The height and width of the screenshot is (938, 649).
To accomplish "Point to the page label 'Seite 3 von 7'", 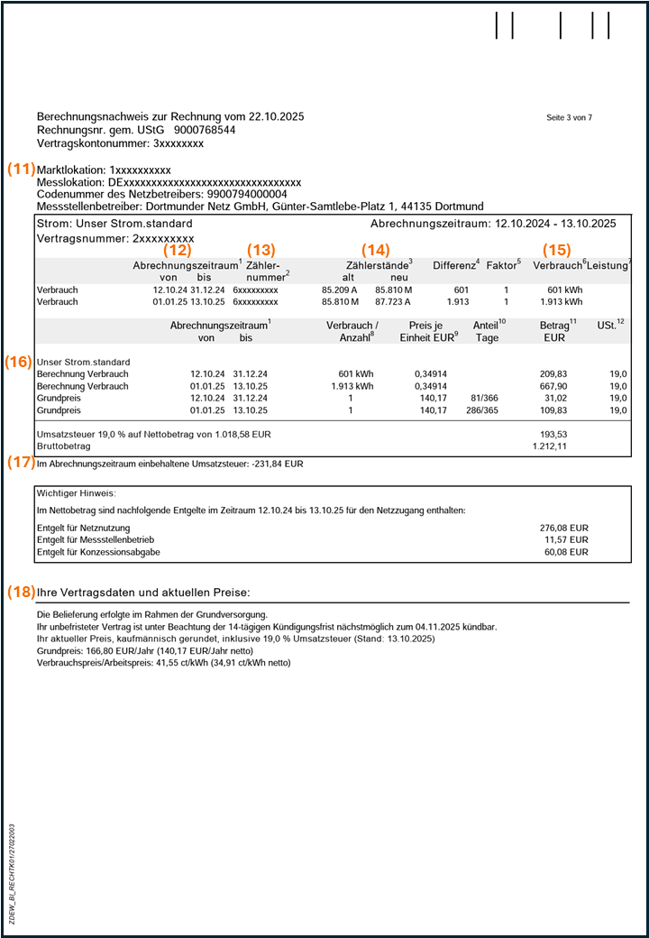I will coord(570,118).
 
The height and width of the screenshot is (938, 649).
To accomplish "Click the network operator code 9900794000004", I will coord(249,194).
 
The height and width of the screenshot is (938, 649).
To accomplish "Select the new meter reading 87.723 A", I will coord(394,302).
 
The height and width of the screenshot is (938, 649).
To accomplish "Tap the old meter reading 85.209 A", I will coord(340,290).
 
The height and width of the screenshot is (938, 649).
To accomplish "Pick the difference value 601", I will coord(462,290).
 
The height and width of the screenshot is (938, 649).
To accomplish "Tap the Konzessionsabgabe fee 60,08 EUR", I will coord(567,552).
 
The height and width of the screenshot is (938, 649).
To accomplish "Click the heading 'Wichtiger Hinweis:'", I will coord(78,493).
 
